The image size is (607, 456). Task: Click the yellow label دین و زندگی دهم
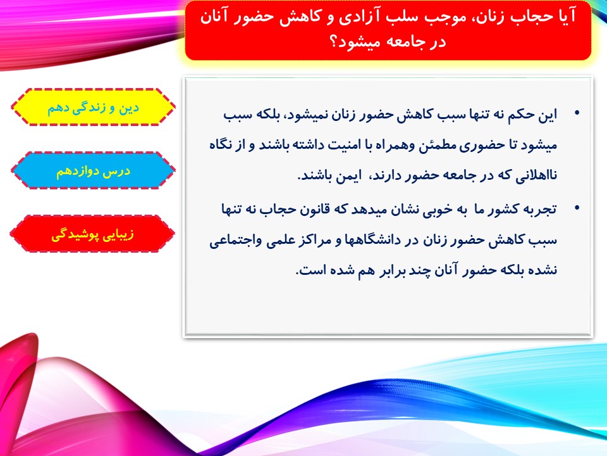click(x=93, y=108)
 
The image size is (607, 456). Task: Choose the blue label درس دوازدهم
click(x=94, y=170)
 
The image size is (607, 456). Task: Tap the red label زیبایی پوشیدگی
click(x=92, y=234)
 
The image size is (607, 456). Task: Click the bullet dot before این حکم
click(x=577, y=113)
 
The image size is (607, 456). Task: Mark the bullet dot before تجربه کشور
click(x=577, y=208)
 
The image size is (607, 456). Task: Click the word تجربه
click(x=540, y=210)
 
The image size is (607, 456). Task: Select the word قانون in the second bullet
click(x=315, y=210)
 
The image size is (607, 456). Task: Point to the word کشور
click(x=504, y=210)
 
